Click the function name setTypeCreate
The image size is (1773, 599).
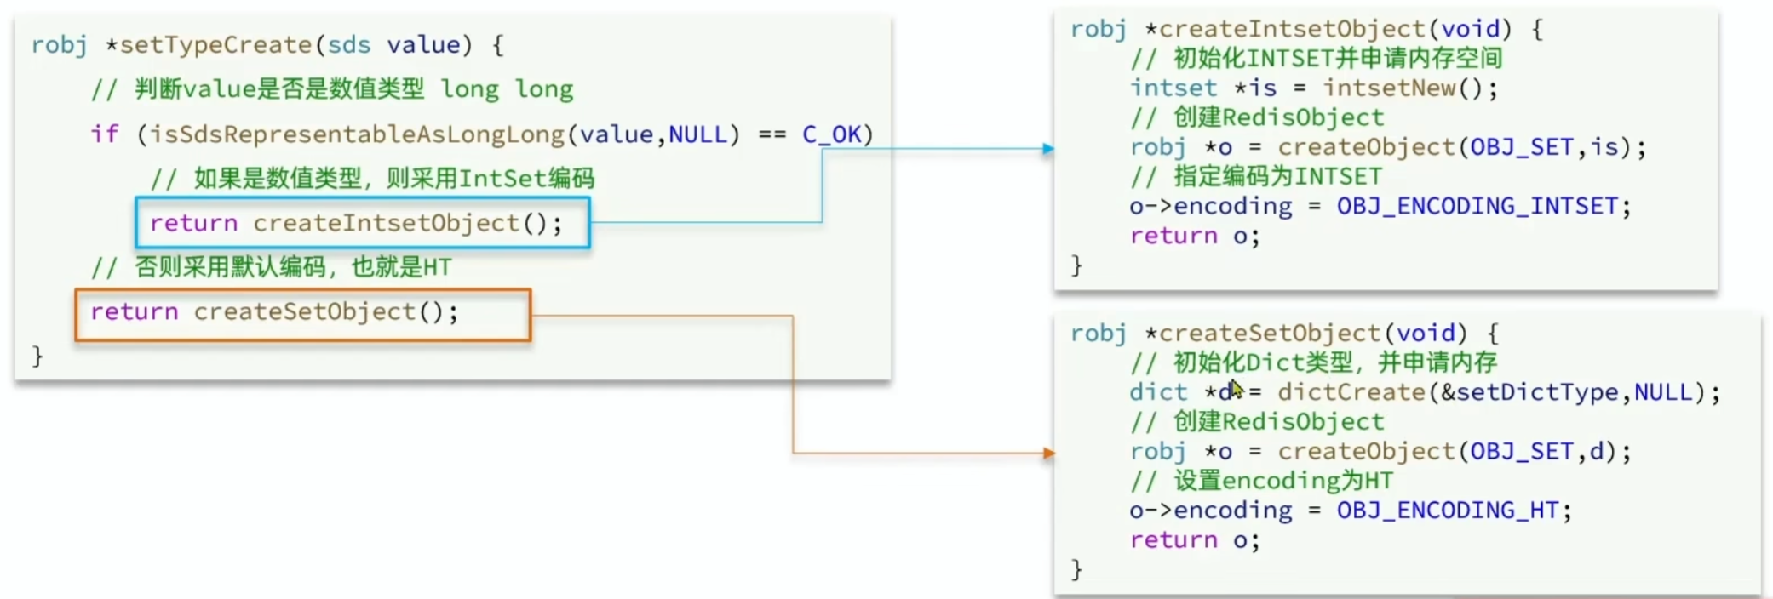point(215,45)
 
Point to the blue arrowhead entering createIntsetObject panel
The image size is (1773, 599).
point(1048,149)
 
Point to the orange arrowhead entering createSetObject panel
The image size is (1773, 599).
point(1048,454)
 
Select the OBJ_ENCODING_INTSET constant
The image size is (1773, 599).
point(1477,206)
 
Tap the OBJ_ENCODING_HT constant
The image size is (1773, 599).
point(1447,511)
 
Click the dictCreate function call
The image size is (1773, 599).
point(1351,392)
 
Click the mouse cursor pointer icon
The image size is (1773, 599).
point(1237,389)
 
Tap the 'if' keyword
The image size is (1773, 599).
point(105,134)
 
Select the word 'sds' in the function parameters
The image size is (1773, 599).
point(348,45)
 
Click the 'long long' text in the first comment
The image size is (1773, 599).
point(507,89)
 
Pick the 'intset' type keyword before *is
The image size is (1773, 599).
point(1173,88)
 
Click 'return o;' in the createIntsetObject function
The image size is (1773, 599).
point(1194,236)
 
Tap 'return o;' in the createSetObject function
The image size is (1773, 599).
point(1194,540)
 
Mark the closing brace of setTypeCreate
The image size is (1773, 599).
point(37,356)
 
